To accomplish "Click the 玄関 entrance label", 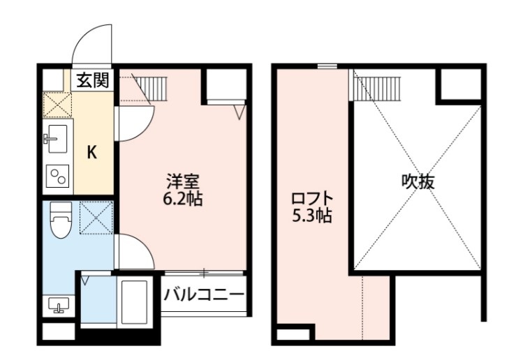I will [x=92, y=80].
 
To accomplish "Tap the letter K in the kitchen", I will [x=91, y=153].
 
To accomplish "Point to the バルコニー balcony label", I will [x=204, y=294].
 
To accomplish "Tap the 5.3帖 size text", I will [x=311, y=216].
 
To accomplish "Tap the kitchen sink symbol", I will [x=57, y=139].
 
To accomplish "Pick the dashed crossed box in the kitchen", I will [x=57, y=105].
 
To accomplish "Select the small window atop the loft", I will [x=326, y=66].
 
